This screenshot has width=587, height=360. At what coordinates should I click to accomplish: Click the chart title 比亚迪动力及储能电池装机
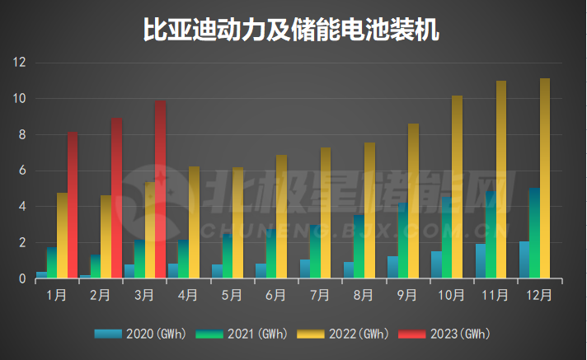coord(293,30)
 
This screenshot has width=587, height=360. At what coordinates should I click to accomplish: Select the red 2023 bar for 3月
coord(160,189)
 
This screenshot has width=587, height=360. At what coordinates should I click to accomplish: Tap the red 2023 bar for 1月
coord(73,205)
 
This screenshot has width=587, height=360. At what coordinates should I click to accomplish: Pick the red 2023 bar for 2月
coord(116,199)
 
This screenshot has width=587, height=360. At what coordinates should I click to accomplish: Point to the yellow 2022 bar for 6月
coord(281,217)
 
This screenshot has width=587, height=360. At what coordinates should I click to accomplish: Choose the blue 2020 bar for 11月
coord(480,261)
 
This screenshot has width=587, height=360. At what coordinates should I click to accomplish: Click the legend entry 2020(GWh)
coord(141,334)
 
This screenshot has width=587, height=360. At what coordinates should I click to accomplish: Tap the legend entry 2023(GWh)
coord(444,334)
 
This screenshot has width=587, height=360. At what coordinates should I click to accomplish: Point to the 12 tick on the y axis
coord(20,63)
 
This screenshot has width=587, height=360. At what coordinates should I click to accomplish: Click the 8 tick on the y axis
coord(23,135)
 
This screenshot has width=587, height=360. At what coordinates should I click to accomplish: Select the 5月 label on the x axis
coord(231,294)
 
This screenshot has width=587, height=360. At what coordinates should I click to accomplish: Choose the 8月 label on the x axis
coord(363,294)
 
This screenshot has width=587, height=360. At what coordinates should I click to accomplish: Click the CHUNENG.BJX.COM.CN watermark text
coord(355,229)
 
